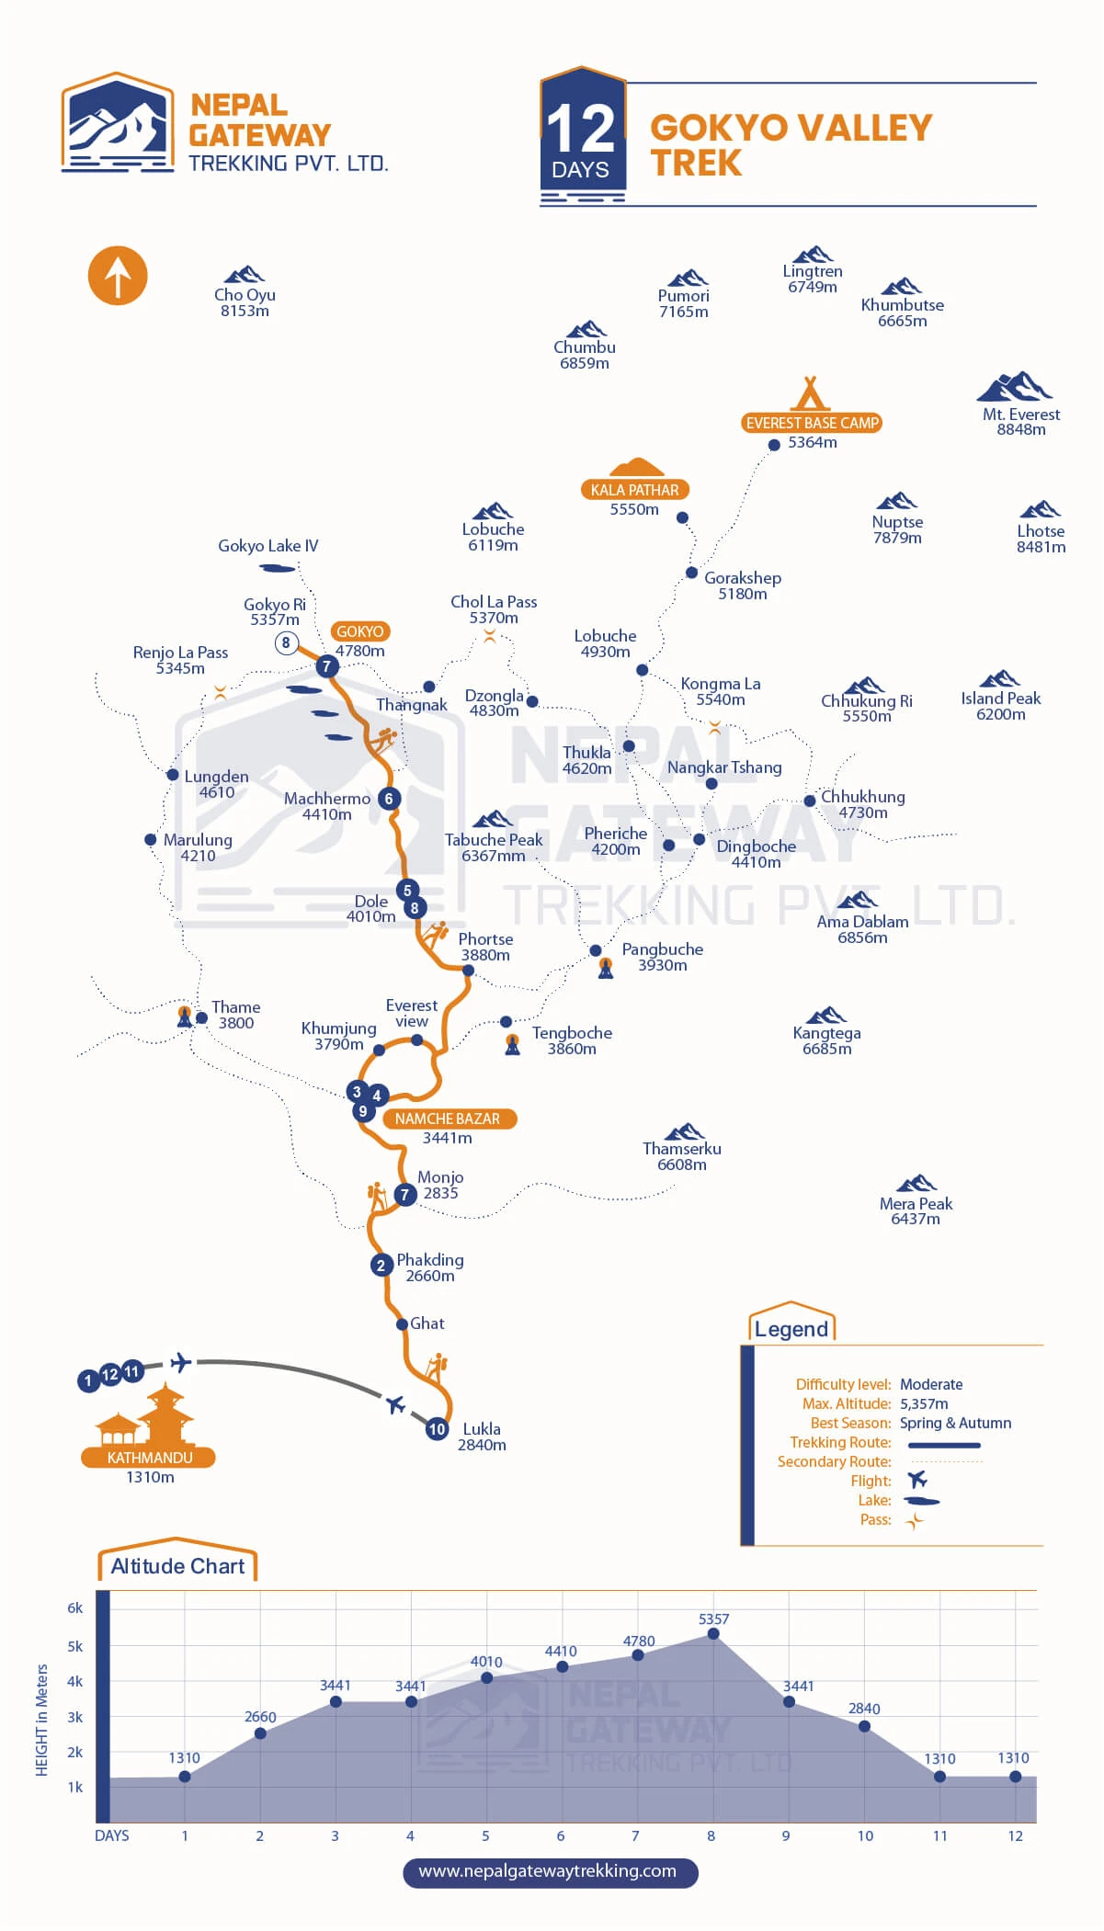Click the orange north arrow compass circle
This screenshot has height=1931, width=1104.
click(118, 276)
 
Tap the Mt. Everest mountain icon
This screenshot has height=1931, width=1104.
click(1015, 387)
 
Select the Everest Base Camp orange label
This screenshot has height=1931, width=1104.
click(812, 423)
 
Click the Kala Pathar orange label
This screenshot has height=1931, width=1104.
click(634, 490)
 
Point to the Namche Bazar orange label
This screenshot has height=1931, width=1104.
click(448, 1119)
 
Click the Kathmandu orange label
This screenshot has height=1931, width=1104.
click(149, 1458)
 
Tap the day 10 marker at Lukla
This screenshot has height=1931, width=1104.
click(437, 1429)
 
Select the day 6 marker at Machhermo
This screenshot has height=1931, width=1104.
click(389, 799)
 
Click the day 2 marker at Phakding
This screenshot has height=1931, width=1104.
click(381, 1266)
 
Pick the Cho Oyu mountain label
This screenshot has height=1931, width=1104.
click(245, 302)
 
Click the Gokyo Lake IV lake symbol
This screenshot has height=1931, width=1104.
click(278, 569)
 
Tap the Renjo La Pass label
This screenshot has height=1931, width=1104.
click(180, 660)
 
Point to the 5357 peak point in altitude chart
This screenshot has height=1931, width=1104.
click(713, 1634)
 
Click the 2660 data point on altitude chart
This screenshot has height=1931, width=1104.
click(260, 1733)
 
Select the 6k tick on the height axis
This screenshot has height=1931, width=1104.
click(74, 1607)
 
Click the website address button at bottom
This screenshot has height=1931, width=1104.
click(550, 1871)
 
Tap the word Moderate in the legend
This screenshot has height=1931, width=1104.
click(931, 1384)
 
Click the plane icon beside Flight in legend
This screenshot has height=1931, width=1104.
click(916, 1480)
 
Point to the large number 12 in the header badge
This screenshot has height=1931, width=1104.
click(580, 128)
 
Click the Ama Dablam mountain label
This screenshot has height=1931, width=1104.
click(862, 929)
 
